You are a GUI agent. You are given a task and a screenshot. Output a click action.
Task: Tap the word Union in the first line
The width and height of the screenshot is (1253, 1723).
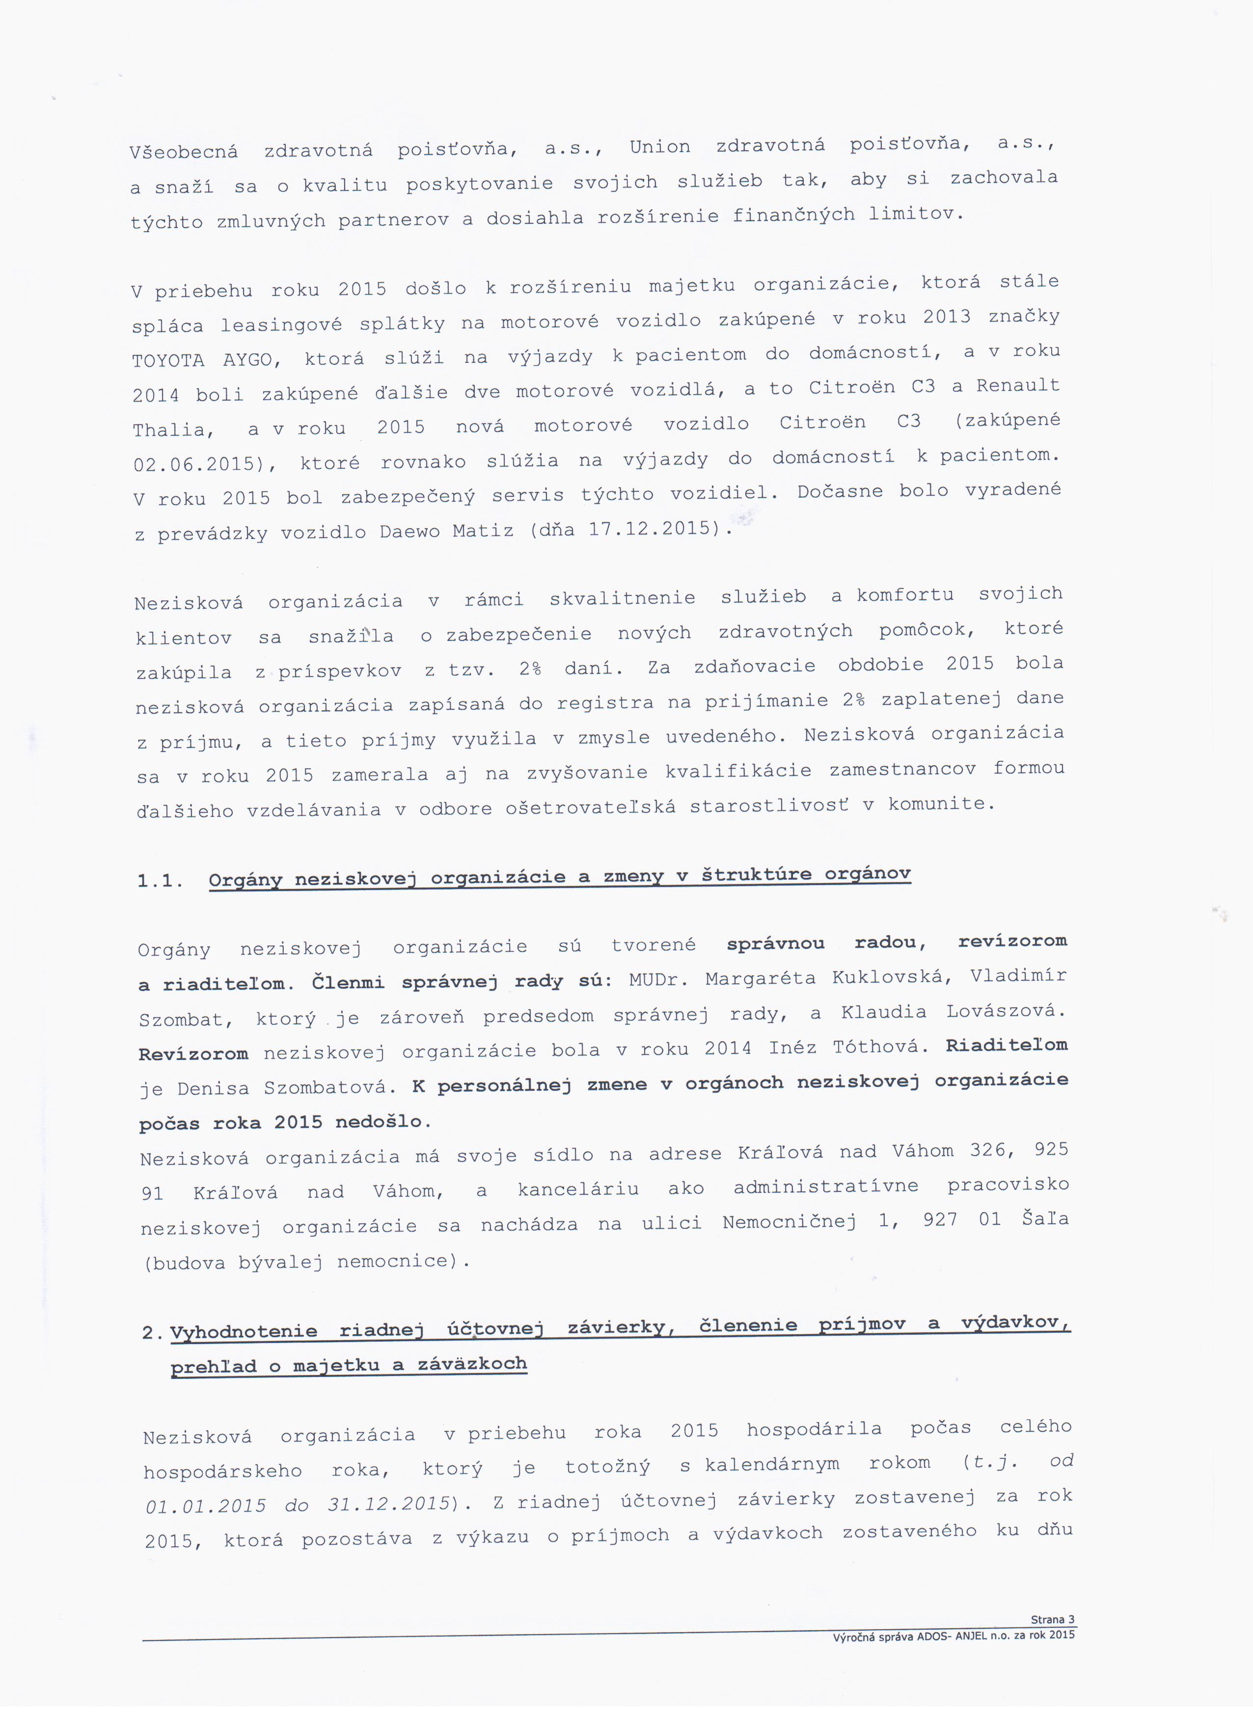(x=659, y=147)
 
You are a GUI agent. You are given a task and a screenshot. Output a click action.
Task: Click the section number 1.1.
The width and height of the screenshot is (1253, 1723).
(x=160, y=881)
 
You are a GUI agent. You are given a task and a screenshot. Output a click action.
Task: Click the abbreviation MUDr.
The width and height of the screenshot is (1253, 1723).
(x=658, y=980)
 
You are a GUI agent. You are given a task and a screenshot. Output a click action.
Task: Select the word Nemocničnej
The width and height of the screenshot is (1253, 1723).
(x=790, y=1222)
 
